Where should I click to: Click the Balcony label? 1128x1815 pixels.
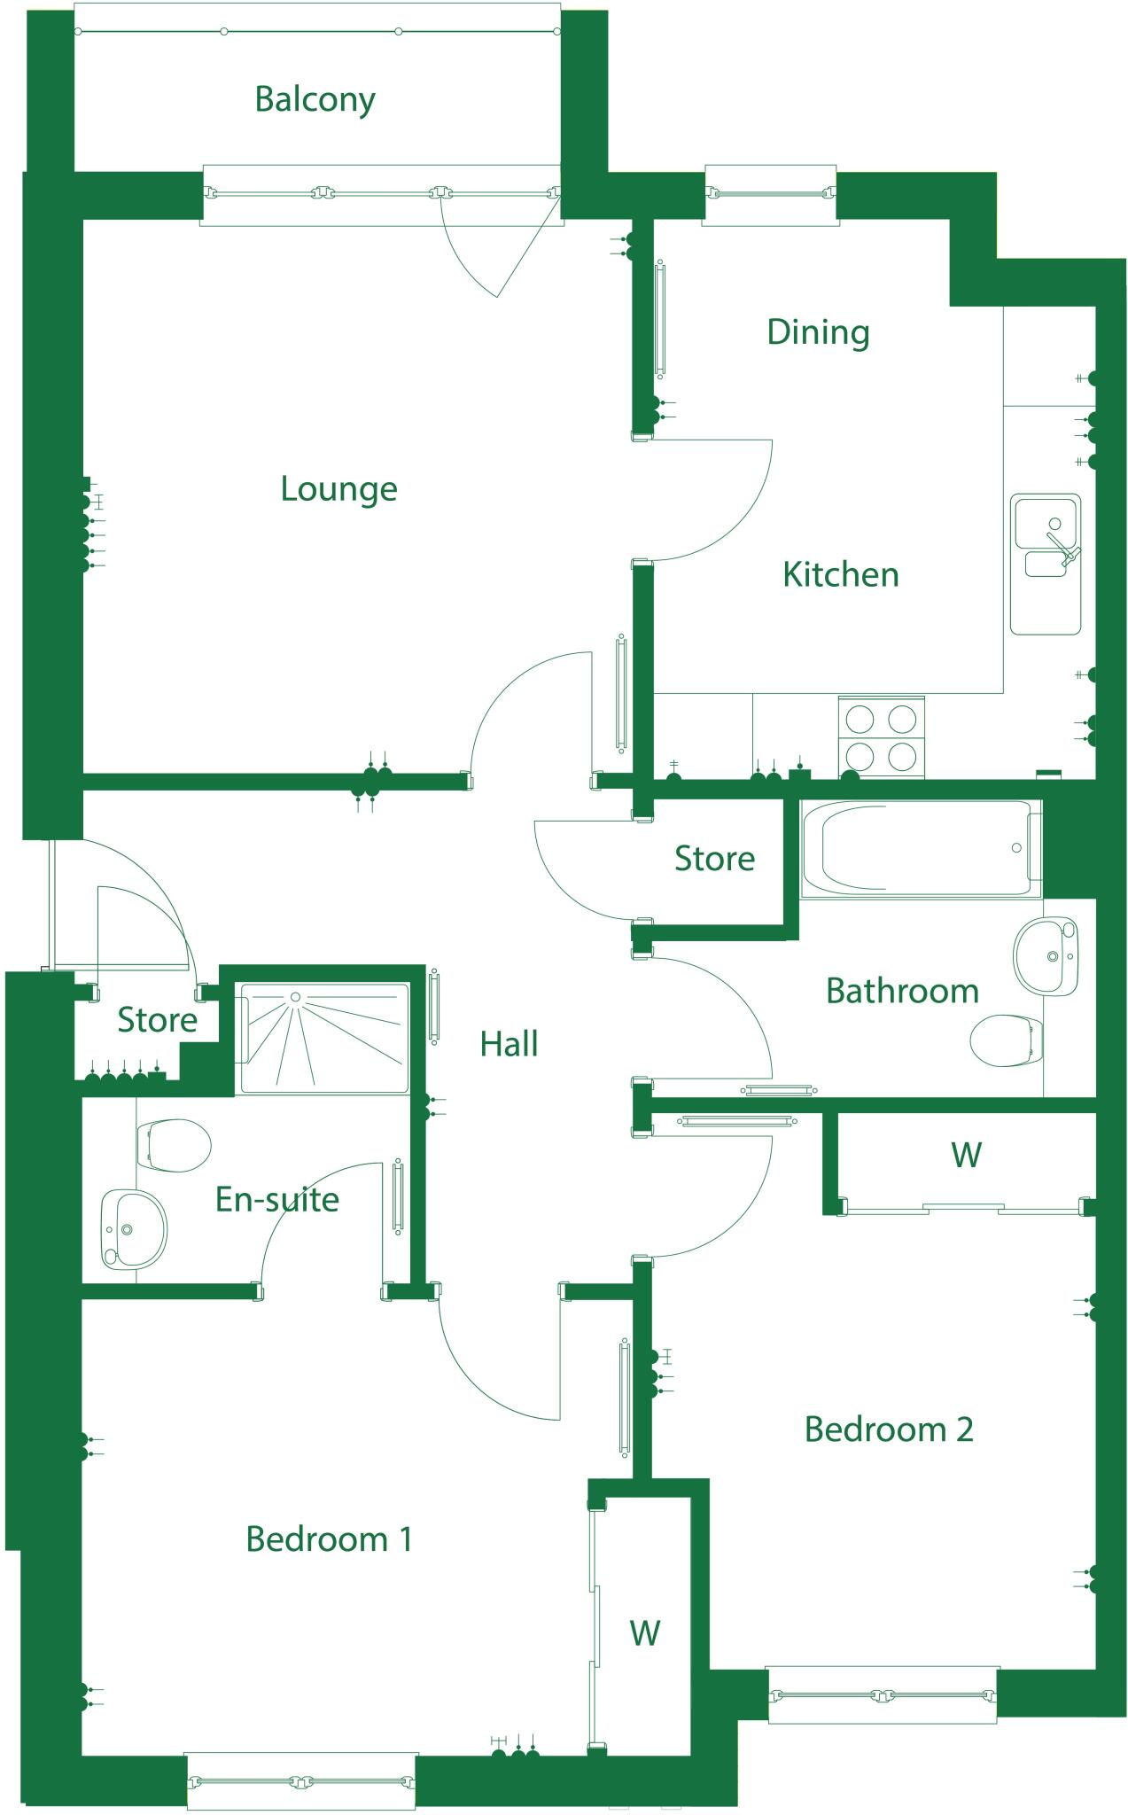point(315,99)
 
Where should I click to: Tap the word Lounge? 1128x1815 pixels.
point(338,489)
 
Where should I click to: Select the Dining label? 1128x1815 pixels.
point(818,332)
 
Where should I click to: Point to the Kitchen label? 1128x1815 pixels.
point(840,575)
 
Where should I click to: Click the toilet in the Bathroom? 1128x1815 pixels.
point(1007,1040)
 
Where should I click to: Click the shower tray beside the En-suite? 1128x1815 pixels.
point(323,1038)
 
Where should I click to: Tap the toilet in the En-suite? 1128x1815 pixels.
point(174,1145)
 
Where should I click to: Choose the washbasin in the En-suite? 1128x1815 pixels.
point(133,1228)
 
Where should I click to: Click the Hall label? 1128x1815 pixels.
point(509,1045)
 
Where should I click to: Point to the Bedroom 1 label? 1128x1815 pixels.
point(329,1539)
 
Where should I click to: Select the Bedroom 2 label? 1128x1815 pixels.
point(888,1429)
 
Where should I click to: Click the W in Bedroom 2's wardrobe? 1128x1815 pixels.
point(966,1155)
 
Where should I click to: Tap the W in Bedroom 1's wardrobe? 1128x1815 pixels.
point(645,1632)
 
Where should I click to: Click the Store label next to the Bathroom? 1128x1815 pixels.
point(714,859)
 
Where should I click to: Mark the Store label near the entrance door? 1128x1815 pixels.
point(157,1020)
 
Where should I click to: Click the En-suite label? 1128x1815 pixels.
point(277,1200)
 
